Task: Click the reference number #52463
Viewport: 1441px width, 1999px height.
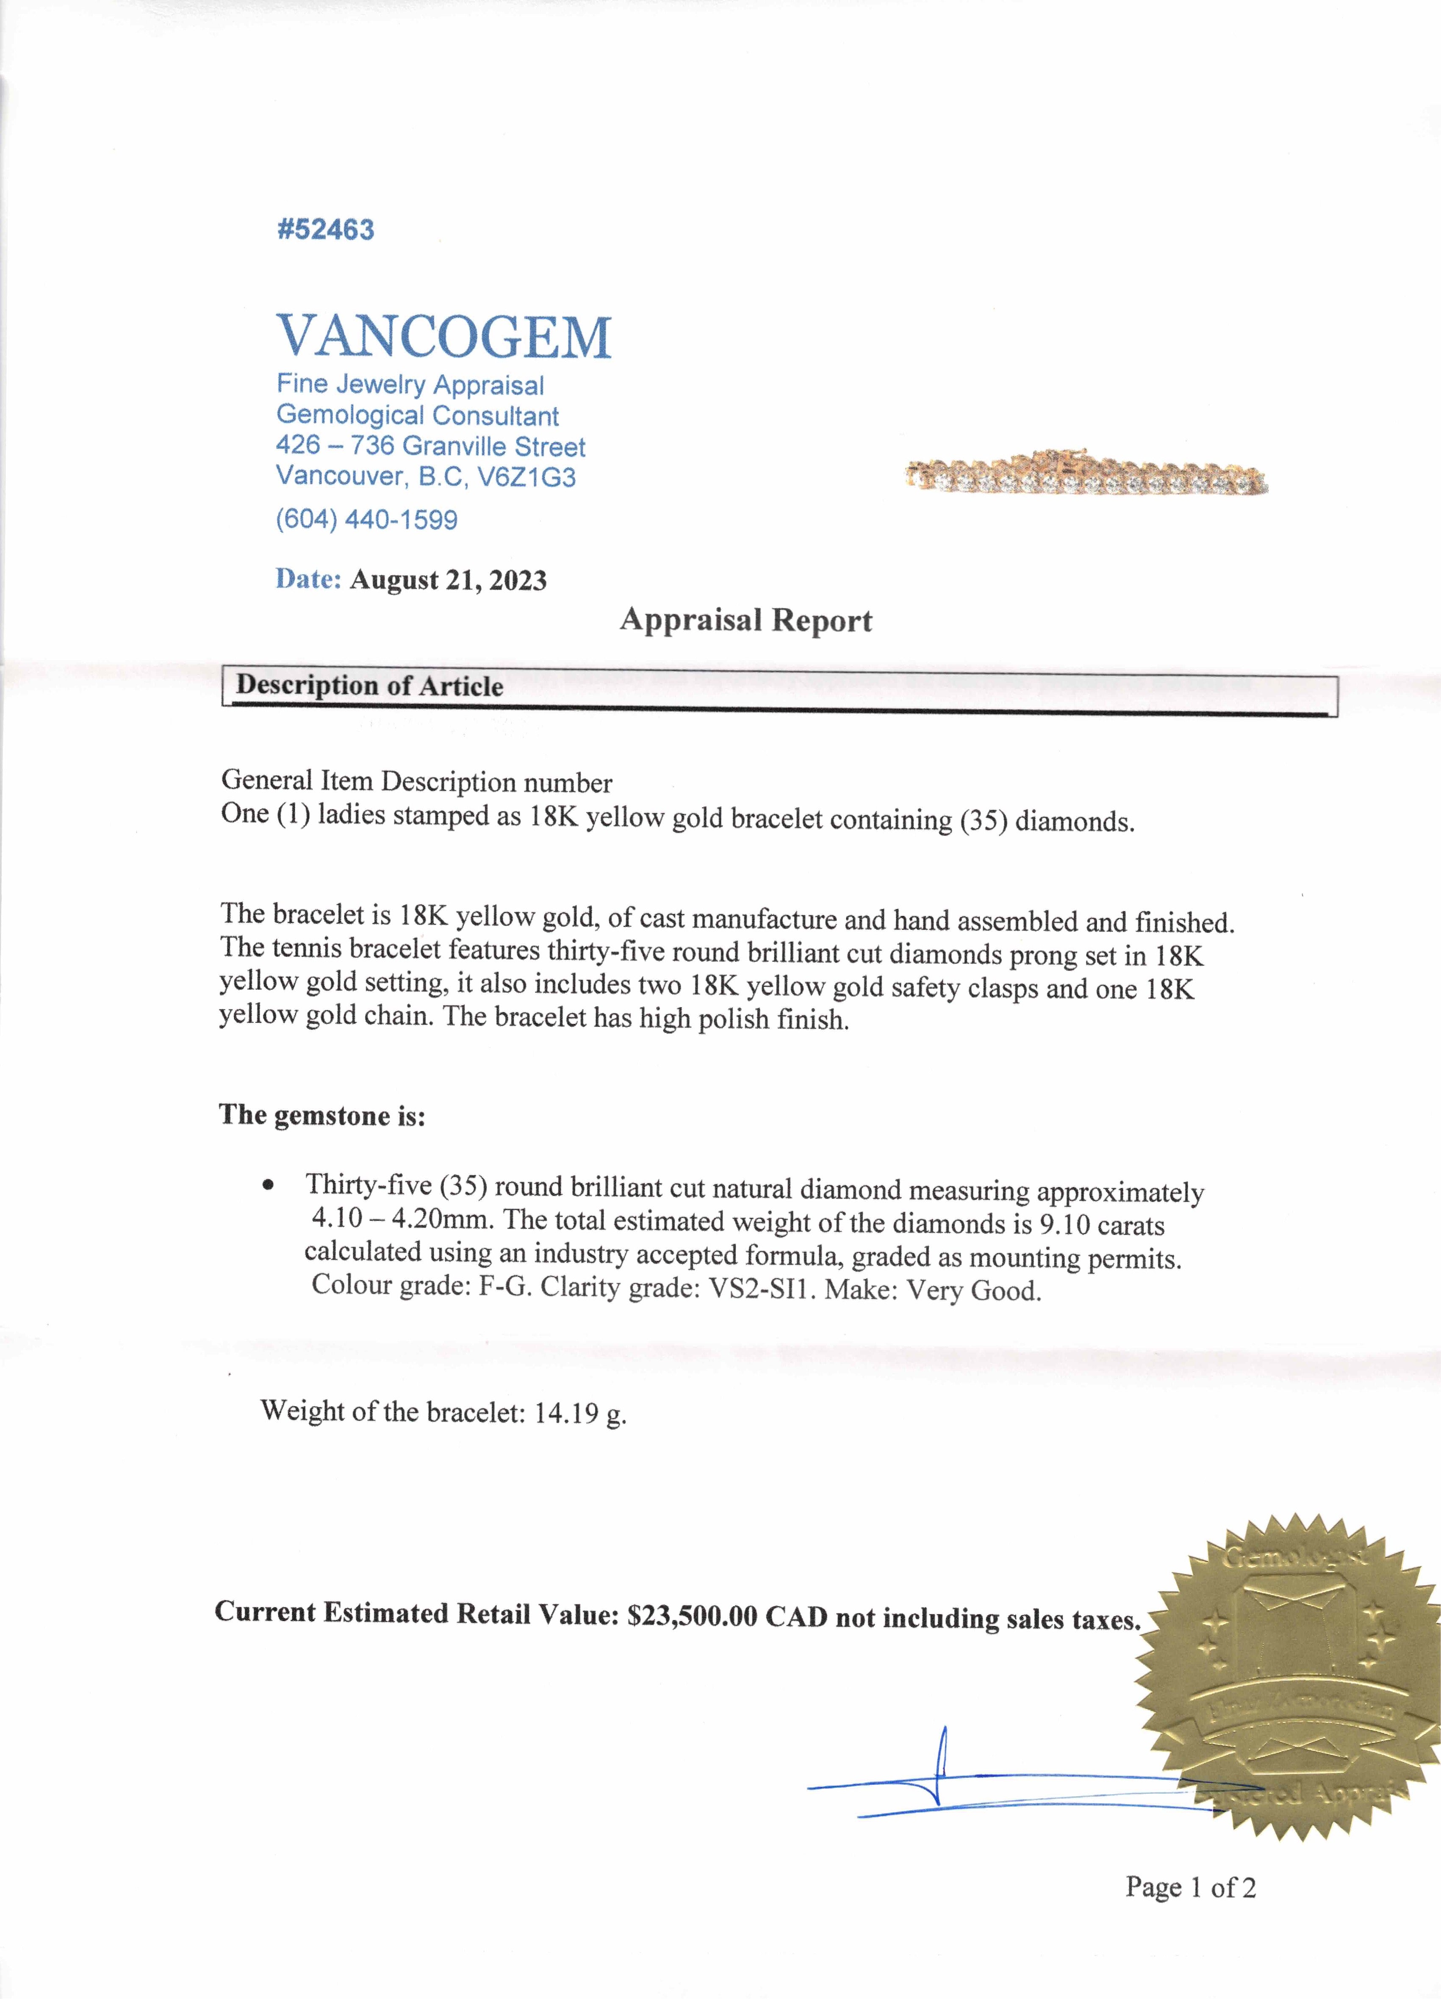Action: (x=325, y=230)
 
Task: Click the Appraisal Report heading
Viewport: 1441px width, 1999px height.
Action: (x=745, y=620)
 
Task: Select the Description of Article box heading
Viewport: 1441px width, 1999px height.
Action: (x=370, y=686)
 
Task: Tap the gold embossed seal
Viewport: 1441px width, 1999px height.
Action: (x=1285, y=1675)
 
